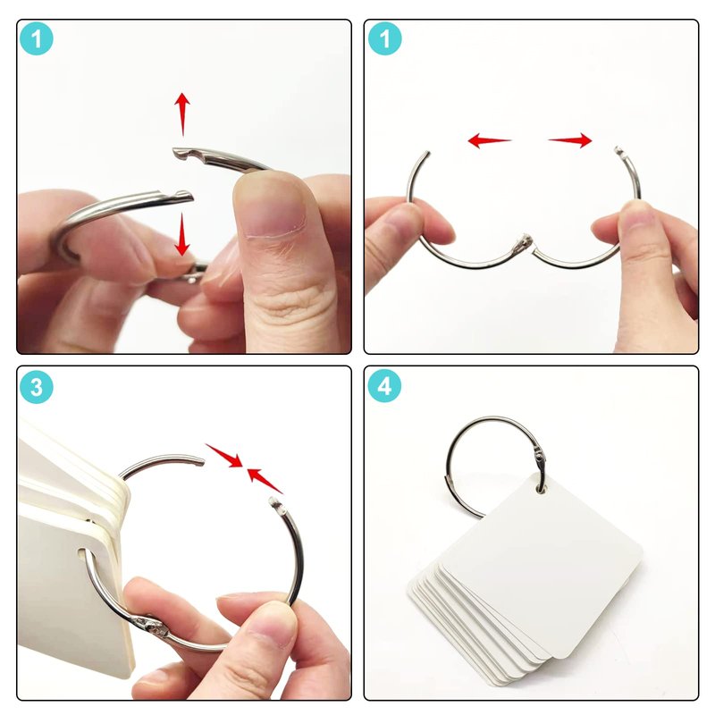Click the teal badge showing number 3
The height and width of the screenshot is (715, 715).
[x=37, y=387]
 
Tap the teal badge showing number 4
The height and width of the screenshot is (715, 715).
[x=384, y=386]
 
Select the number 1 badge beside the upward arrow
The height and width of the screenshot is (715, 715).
[x=37, y=38]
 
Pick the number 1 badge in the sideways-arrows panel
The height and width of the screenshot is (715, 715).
[x=384, y=38]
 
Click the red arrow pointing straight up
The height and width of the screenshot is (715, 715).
[x=182, y=114]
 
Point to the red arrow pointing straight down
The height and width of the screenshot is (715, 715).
[x=182, y=234]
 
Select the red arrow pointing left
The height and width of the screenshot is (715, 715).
[x=490, y=140]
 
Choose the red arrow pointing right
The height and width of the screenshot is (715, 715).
[x=570, y=140]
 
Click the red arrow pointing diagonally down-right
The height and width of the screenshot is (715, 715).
[x=224, y=455]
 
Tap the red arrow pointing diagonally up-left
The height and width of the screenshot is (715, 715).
[x=265, y=481]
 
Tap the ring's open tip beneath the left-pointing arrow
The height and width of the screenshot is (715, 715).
[x=427, y=155]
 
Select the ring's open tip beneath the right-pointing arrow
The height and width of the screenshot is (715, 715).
[x=618, y=150]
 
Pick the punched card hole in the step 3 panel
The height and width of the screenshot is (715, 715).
[x=83, y=555]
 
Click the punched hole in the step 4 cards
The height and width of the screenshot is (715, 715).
[x=542, y=489]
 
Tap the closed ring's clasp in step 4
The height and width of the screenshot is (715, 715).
[x=540, y=460]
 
